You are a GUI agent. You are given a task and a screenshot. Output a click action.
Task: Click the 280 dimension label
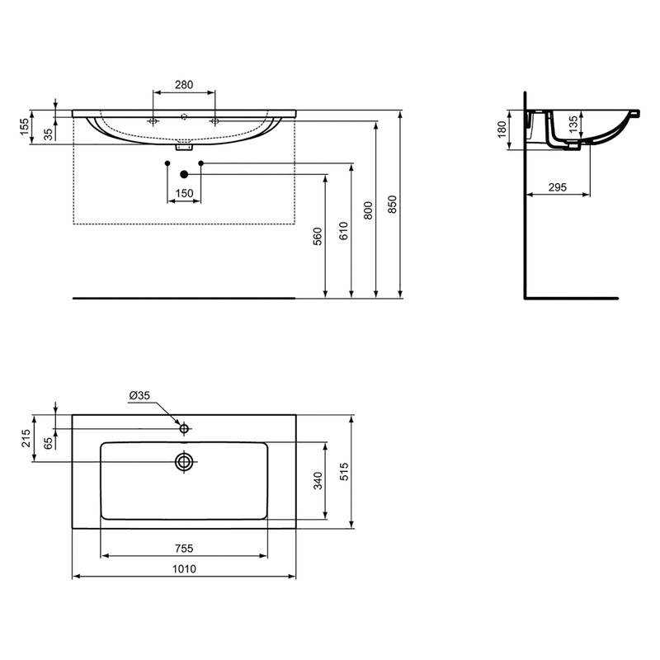(183, 84)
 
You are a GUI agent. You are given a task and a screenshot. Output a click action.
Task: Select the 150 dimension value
(184, 193)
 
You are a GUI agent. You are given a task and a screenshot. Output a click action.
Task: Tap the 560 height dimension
(317, 238)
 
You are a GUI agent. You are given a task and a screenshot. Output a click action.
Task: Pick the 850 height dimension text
(393, 204)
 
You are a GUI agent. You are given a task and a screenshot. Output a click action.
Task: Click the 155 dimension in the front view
(25, 126)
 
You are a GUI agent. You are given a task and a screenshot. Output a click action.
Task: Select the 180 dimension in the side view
(501, 130)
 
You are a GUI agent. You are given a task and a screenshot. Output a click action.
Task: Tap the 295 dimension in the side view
(557, 188)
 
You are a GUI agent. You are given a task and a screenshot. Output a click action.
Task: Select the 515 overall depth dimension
(346, 472)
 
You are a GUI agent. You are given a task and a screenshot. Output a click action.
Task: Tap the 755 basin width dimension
(183, 547)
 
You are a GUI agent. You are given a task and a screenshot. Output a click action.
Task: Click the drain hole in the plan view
(184, 461)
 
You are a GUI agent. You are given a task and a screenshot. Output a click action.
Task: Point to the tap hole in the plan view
(185, 427)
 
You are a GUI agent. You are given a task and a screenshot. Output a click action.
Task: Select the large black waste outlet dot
(184, 174)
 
